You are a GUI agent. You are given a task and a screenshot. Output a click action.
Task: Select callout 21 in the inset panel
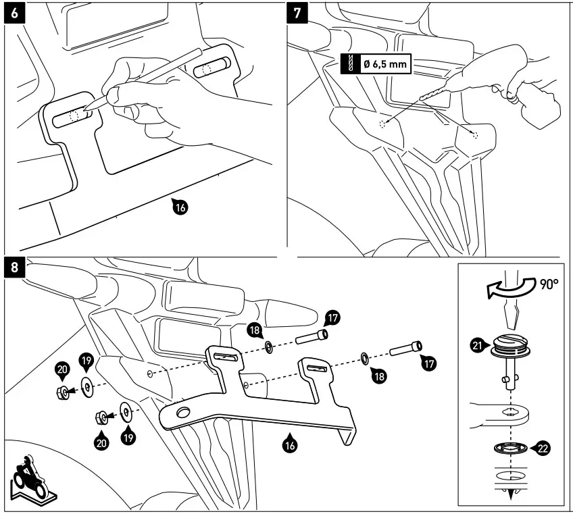coord(478,346)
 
